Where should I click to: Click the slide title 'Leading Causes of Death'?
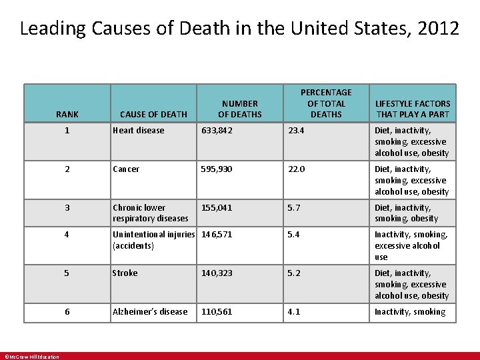239,29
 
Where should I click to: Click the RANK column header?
67,114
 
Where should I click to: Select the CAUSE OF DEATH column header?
153,114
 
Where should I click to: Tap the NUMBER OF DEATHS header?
240,109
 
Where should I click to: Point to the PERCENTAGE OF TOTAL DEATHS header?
326,103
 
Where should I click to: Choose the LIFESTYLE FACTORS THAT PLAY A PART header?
413,109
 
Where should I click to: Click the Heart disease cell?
139,131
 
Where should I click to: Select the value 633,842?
217,131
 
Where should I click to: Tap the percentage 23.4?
296,131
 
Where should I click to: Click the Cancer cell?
126,169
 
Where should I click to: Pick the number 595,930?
217,169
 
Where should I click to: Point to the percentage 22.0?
296,169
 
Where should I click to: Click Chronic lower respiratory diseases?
150,213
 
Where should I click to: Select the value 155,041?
217,208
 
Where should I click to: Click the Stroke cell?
125,273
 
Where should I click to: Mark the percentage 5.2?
294,273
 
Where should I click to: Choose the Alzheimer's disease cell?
150,312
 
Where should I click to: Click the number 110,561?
217,312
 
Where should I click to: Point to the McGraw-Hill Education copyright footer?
32,357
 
